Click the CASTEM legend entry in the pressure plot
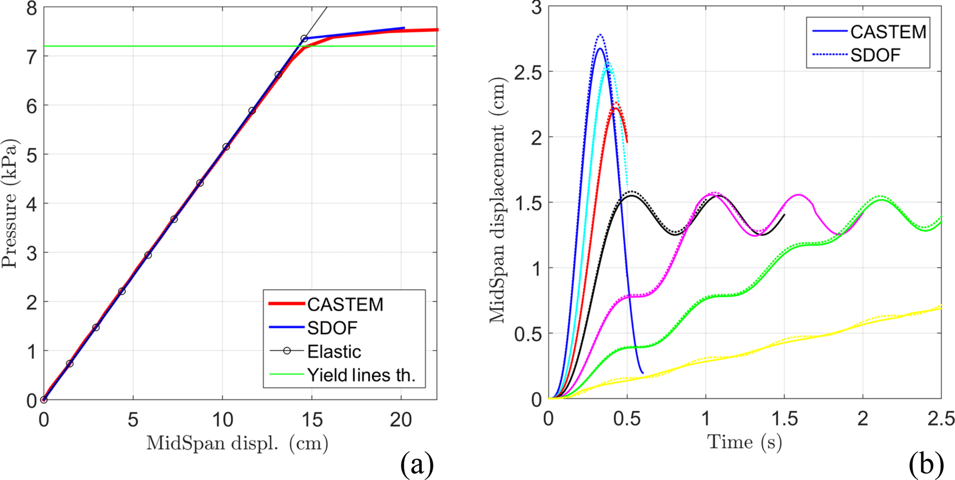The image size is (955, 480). point(345,304)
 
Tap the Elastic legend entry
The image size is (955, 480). point(334,352)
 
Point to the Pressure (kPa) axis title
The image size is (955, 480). point(9,203)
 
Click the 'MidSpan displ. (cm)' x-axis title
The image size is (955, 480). point(237,444)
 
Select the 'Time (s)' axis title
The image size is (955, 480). point(745,443)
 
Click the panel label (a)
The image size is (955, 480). point(417,464)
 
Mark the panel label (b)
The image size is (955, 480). point(926,464)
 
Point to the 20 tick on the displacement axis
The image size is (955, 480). point(401,419)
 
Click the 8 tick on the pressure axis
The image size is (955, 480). point(31,8)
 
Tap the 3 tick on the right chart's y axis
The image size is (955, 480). point(536,8)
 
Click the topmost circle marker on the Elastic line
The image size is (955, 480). point(304,39)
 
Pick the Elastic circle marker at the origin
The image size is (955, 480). point(44,400)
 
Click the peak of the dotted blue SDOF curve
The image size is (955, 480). point(600,35)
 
